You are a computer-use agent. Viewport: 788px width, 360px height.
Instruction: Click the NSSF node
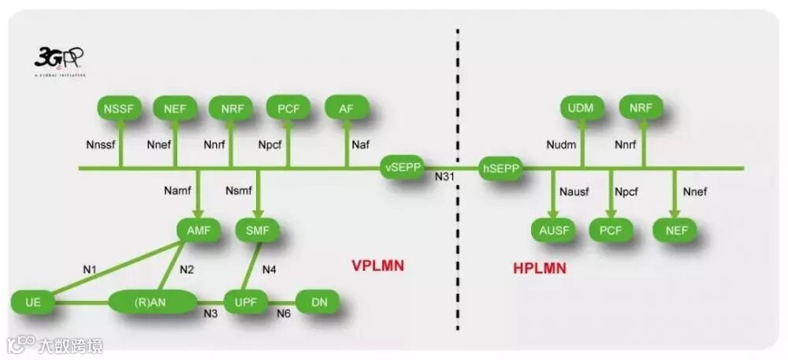121,108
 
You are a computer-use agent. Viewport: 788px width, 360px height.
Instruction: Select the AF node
346,108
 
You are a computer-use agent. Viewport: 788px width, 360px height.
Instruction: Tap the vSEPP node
403,167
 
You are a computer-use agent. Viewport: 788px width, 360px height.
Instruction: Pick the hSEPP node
500,167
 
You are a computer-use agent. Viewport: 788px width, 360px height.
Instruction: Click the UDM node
582,107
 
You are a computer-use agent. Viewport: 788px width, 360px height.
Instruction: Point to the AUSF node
554,231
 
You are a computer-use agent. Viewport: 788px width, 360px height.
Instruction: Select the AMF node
197,231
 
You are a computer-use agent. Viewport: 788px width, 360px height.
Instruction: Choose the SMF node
258,231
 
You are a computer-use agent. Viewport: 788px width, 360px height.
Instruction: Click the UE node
33,301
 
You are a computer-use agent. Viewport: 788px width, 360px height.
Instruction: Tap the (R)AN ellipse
153,301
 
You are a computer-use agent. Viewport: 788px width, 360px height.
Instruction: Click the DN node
319,301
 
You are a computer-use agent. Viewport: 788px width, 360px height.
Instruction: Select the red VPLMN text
377,265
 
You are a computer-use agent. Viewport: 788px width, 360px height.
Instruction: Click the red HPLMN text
539,269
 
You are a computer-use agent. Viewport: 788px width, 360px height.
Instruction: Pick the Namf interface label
177,191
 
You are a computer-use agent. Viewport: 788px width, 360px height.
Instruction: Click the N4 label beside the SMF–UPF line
269,269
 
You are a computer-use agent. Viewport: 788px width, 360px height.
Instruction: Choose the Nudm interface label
562,144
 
